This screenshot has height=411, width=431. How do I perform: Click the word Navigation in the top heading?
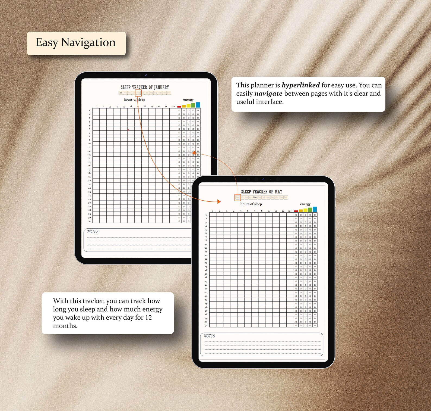pyautogui.click(x=88, y=43)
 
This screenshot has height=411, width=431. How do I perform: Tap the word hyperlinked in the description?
pyautogui.click(x=300, y=85)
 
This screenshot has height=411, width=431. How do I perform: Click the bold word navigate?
pyautogui.click(x=268, y=94)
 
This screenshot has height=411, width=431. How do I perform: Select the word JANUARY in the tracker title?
pyautogui.click(x=161, y=87)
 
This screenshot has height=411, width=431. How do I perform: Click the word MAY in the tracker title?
pyautogui.click(x=278, y=192)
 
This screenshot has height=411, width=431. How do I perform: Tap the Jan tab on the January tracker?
pyautogui.click(x=121, y=93)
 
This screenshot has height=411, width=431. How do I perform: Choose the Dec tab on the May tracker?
pyautogui.click(x=286, y=197)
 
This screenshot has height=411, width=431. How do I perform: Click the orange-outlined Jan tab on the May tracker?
pyautogui.click(x=237, y=197)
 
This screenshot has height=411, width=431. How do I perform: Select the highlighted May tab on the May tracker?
pyautogui.click(x=255, y=197)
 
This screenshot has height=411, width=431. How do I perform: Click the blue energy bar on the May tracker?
pyautogui.click(x=315, y=209)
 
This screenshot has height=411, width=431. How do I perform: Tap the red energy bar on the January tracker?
pyautogui.click(x=179, y=107)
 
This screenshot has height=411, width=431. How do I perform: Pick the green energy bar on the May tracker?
pyautogui.click(x=310, y=210)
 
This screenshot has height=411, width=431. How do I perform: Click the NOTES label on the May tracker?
pyautogui.click(x=209, y=336)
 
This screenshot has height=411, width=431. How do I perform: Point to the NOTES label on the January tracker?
pyautogui.click(x=93, y=232)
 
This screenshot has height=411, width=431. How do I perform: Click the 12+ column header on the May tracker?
pyautogui.click(x=290, y=211)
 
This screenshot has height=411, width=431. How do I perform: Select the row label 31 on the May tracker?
pyautogui.click(x=206, y=325)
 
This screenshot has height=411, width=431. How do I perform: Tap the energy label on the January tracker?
pyautogui.click(x=188, y=99)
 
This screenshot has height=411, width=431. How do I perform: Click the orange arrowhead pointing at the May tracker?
pyautogui.click(x=219, y=201)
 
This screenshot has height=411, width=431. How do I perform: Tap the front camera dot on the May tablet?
pyautogui.click(x=263, y=179)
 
